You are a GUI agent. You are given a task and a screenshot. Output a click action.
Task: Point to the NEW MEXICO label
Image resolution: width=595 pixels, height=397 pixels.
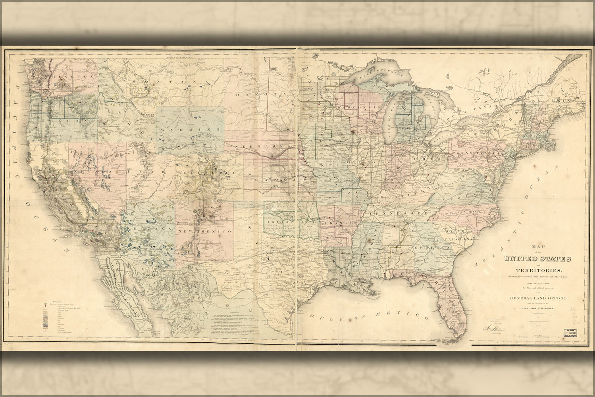point(204,231)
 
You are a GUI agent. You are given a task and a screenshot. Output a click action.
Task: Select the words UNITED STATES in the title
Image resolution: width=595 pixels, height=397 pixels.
point(538,259)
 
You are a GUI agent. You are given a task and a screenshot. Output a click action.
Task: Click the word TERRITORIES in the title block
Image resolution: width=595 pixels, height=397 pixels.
point(538,270)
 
